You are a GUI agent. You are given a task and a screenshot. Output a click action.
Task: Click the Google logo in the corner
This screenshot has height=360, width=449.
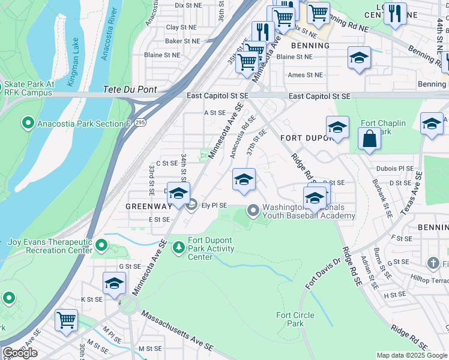tap(20, 353)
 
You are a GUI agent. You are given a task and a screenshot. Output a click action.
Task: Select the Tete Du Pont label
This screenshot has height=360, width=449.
tap(130, 89)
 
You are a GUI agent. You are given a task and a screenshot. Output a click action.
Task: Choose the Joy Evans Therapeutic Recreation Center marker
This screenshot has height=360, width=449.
tap(101, 245)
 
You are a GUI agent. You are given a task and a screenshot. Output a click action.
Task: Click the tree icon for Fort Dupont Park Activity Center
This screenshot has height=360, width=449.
tap(178, 247)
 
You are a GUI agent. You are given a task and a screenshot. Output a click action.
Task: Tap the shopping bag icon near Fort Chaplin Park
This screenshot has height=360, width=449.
tap(369, 139)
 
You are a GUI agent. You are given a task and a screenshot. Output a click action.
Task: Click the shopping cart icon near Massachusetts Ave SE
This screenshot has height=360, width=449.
tap(66, 319)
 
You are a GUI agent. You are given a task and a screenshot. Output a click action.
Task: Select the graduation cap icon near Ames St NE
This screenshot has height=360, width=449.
tap(359, 58)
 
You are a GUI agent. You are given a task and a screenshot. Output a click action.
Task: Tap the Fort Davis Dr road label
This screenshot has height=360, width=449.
tap(322, 273)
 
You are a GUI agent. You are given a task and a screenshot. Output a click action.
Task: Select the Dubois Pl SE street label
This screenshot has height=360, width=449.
tap(394, 169)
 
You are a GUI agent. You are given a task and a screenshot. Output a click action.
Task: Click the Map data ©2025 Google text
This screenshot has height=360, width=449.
tap(412, 355)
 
